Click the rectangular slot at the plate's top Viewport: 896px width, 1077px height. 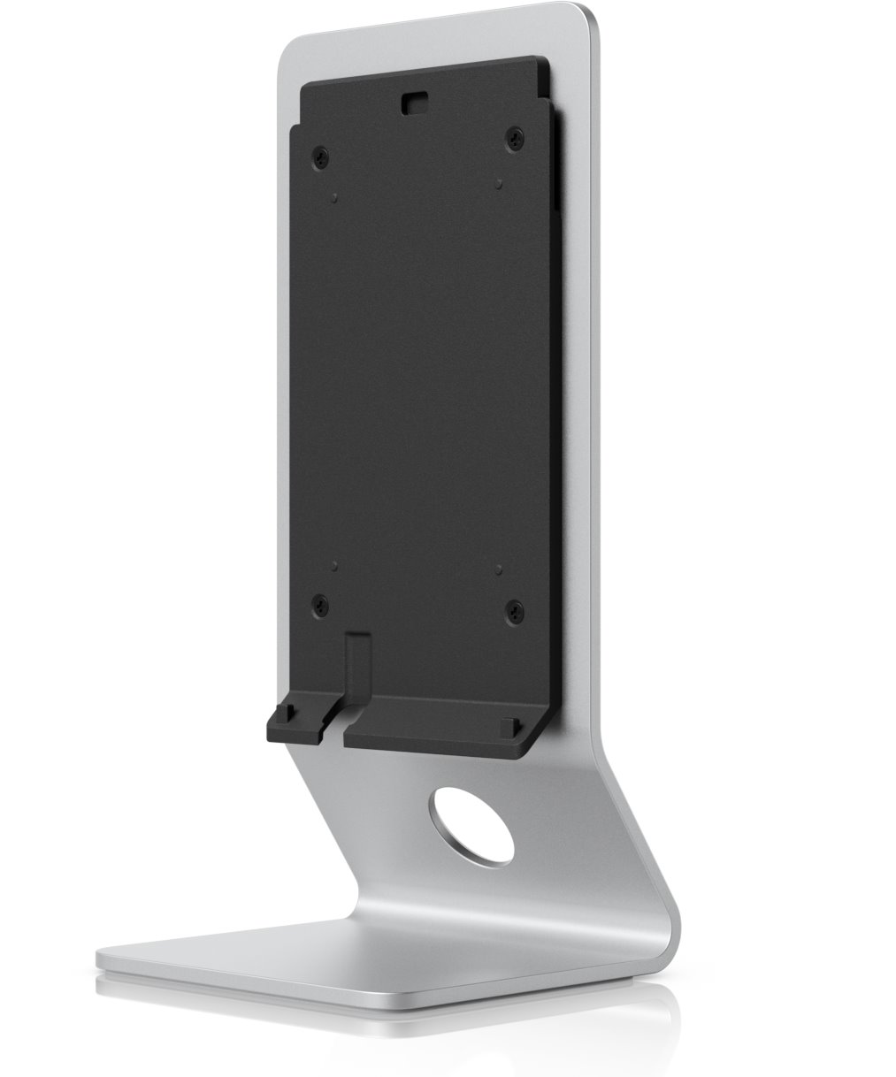(x=412, y=103)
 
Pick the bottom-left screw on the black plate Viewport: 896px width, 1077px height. (x=319, y=605)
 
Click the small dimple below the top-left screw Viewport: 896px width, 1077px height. (x=334, y=197)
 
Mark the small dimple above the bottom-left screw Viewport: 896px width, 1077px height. (x=334, y=560)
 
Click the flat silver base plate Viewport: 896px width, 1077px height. (x=354, y=959)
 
